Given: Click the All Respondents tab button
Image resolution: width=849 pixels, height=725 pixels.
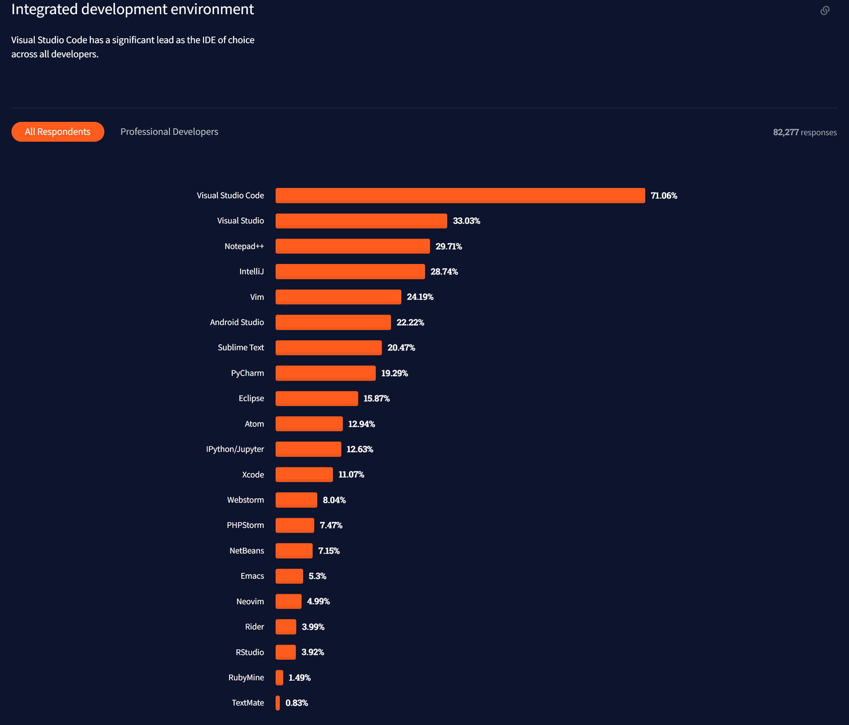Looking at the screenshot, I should (x=58, y=132).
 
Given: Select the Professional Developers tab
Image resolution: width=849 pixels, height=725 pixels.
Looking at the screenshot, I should (x=169, y=132).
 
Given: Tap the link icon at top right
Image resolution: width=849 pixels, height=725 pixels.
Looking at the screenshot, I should (x=825, y=11).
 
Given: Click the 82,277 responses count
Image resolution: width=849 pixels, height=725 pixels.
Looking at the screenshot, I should (x=805, y=133).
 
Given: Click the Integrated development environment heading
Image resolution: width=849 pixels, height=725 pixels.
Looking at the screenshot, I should (x=133, y=9).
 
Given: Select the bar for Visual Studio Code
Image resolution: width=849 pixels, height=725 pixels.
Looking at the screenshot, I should (x=460, y=196).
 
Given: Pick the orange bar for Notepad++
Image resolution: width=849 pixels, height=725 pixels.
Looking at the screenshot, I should (x=353, y=246).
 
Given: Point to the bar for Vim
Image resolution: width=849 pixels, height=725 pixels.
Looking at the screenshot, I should (x=338, y=297).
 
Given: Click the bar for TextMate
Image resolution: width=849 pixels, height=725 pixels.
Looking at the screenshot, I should (x=278, y=703).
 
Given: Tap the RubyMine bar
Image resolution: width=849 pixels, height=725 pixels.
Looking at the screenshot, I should (x=279, y=677).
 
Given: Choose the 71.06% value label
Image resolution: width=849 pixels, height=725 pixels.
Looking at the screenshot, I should (x=664, y=196).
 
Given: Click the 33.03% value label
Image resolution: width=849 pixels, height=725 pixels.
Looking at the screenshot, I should (x=466, y=221).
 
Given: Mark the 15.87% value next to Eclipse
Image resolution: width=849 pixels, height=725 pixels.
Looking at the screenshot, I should (x=376, y=399).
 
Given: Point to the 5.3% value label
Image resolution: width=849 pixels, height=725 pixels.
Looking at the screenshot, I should (x=317, y=576).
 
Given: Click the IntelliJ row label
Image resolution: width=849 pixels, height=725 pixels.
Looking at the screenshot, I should (x=252, y=272).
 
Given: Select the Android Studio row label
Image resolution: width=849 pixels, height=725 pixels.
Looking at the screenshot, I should (x=237, y=322).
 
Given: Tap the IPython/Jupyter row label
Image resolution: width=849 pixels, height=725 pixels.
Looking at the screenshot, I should (x=235, y=449).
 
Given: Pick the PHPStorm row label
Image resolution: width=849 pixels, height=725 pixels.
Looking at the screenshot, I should (x=245, y=525).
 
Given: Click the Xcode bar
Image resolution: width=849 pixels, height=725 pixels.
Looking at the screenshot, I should (x=304, y=475).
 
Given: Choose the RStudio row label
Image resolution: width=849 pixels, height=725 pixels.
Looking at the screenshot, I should (x=250, y=652).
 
